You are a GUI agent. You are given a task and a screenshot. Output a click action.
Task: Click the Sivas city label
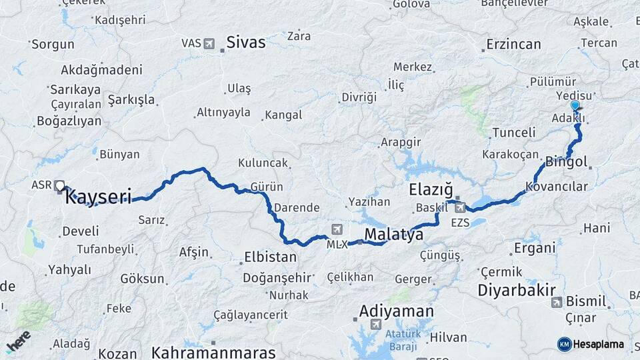[245, 43]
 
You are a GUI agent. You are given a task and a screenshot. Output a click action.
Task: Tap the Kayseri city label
[98, 196]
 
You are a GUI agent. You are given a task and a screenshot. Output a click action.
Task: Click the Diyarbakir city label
[517, 290]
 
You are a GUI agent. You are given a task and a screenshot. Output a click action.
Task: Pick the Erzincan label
[513, 45]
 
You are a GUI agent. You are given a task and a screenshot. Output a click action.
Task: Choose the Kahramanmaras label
[213, 352]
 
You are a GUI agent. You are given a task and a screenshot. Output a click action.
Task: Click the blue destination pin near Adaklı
[575, 105]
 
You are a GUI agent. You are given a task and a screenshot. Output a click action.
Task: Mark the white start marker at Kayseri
[61, 186]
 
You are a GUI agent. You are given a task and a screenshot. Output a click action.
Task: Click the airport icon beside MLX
[336, 229]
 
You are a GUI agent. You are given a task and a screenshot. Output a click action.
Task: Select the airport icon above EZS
[459, 207]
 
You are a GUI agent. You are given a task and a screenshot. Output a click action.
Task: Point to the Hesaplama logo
[591, 344]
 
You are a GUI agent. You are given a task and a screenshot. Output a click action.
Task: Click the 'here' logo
[19, 341]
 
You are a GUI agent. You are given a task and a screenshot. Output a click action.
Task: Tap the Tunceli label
[513, 133]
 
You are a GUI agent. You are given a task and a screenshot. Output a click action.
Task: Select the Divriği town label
[359, 97]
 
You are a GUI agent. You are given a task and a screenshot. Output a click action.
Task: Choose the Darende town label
[297, 207]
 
